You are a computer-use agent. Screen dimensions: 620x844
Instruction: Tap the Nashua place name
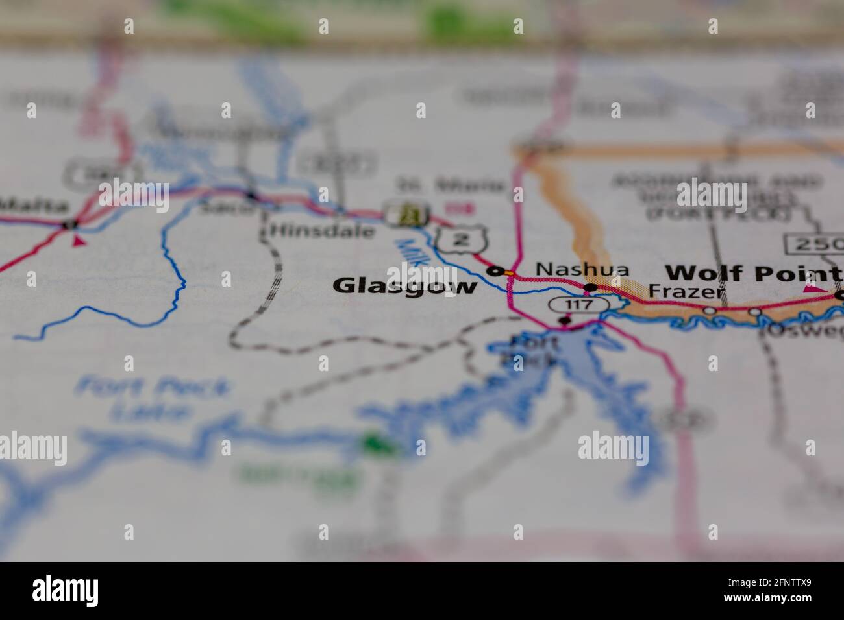click(x=582, y=268)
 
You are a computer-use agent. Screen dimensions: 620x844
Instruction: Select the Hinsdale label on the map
click(x=322, y=230)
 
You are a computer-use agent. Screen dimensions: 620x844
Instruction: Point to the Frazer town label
click(x=687, y=292)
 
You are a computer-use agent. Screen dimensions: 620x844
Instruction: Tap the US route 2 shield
click(x=461, y=239)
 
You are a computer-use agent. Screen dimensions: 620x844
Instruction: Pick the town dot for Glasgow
click(x=496, y=271)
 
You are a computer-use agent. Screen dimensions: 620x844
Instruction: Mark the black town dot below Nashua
click(x=590, y=287)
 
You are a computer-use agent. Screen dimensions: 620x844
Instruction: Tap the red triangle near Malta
click(x=79, y=241)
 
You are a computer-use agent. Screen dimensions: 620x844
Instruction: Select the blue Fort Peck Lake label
click(x=152, y=398)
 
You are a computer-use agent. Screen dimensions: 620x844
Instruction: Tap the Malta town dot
click(x=69, y=224)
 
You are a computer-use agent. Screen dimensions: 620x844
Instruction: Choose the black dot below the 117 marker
click(x=565, y=320)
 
